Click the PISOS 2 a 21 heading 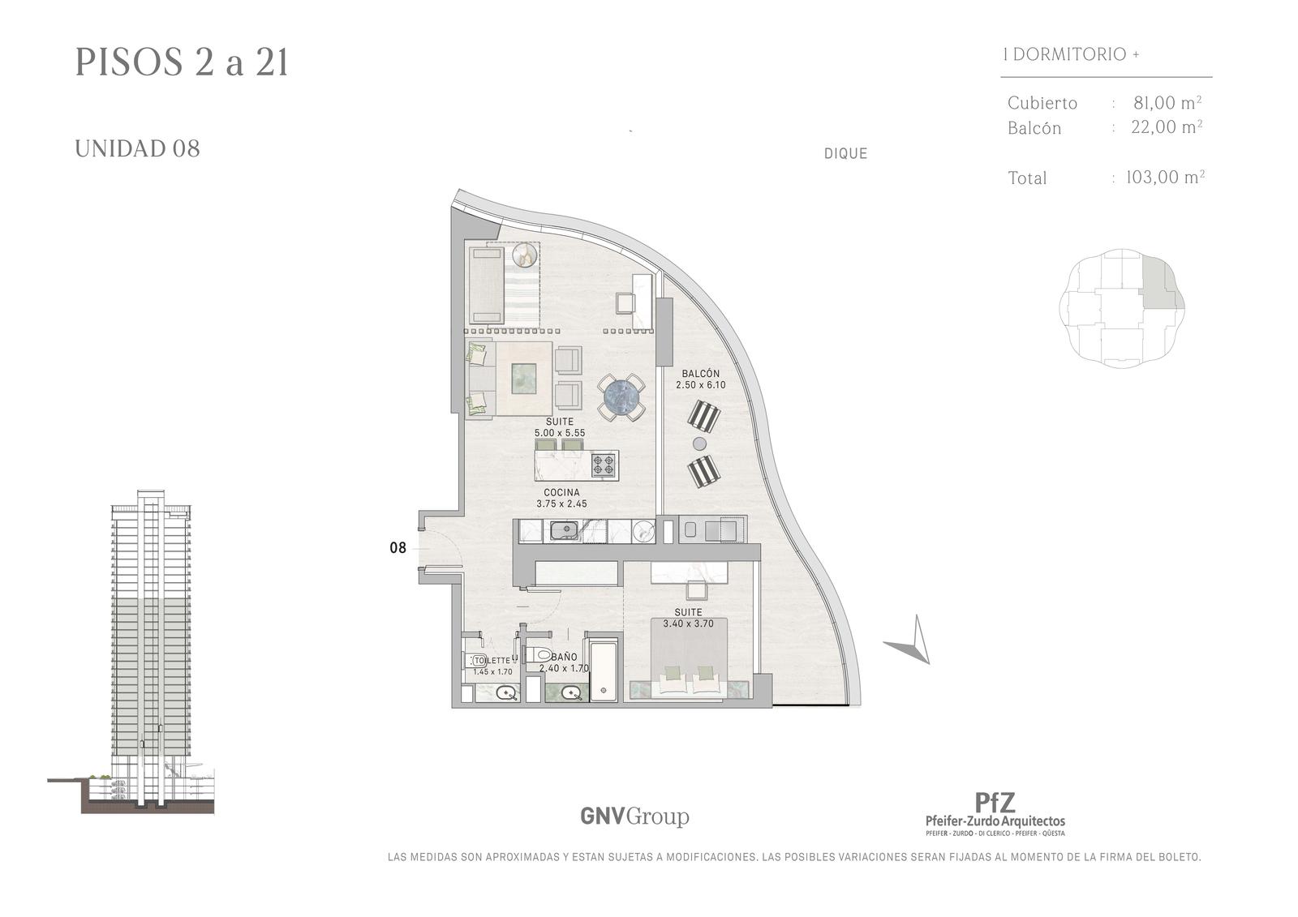click(x=182, y=62)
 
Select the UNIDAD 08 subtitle click(x=137, y=149)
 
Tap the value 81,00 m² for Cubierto click(x=1167, y=102)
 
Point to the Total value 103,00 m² click(x=1165, y=177)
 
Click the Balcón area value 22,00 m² click(x=1167, y=126)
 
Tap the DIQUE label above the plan click(x=845, y=153)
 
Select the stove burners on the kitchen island click(x=603, y=465)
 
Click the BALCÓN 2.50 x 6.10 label click(x=701, y=379)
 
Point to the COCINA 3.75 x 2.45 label click(x=561, y=498)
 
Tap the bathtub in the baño click(x=604, y=671)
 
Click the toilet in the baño click(x=539, y=655)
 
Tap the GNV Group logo click(x=634, y=816)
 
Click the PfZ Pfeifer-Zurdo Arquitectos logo click(x=995, y=813)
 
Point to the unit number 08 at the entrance click(x=398, y=547)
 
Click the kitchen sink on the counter click(x=563, y=530)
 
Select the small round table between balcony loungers click(x=699, y=444)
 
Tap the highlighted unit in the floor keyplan click(x=1161, y=284)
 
